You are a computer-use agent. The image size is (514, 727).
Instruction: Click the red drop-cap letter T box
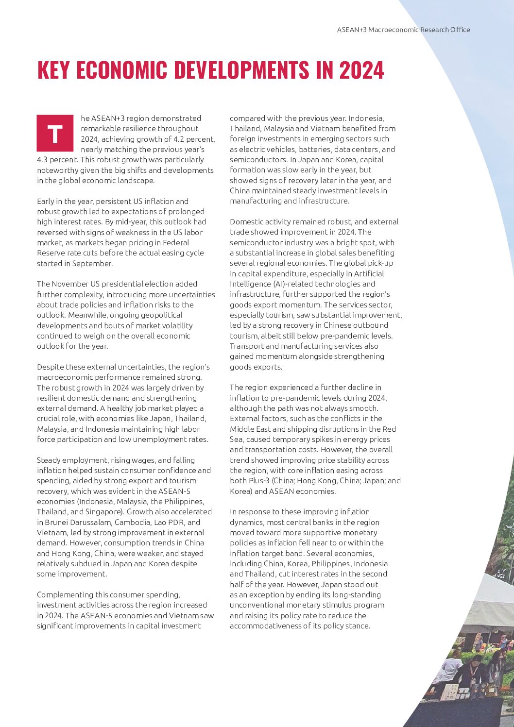[55, 133]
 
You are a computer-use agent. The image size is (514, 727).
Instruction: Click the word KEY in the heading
[54, 70]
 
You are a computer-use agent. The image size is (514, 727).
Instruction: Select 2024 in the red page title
[361, 70]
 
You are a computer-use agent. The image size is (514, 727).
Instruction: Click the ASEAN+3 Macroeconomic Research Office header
[403, 30]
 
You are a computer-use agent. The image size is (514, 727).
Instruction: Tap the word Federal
[176, 242]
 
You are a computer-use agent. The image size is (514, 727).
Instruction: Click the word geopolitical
[156, 315]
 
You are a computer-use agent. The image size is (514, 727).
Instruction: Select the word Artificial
[369, 273]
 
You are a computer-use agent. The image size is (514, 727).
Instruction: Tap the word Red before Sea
[389, 429]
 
